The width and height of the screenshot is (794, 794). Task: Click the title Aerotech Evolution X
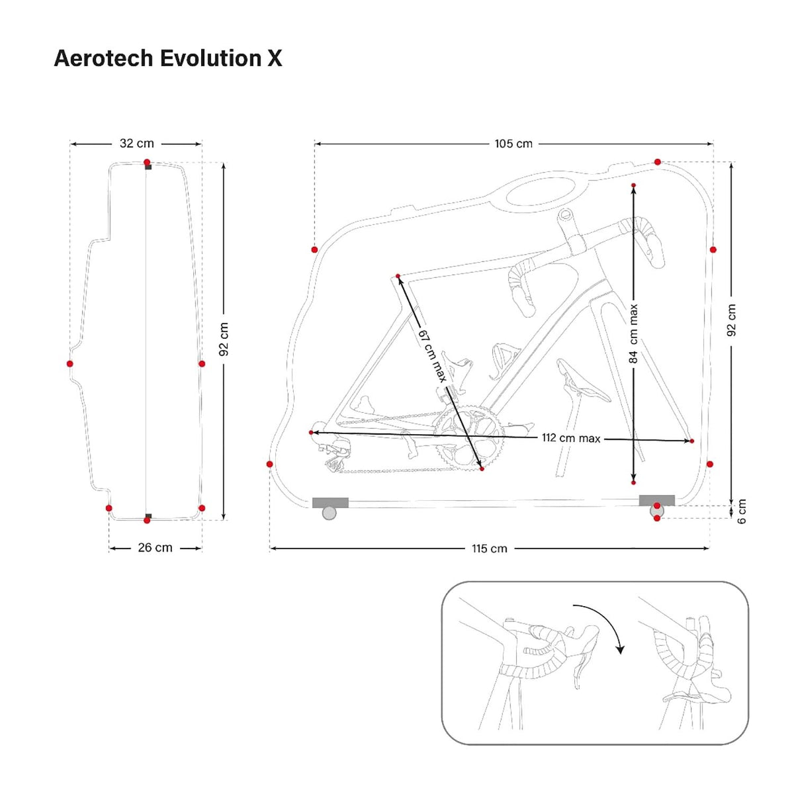click(168, 58)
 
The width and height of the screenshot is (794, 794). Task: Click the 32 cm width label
click(136, 144)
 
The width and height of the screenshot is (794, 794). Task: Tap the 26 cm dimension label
click(155, 548)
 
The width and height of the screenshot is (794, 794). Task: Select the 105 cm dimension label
click(513, 144)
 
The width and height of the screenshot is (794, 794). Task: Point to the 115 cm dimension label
click(490, 549)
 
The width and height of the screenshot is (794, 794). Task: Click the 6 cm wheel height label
click(742, 511)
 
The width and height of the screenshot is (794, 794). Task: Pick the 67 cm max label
click(431, 355)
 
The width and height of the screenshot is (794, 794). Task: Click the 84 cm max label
click(634, 333)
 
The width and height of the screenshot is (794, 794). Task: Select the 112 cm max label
click(571, 438)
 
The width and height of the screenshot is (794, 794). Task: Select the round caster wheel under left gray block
click(329, 513)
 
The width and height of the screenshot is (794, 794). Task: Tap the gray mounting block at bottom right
click(656, 500)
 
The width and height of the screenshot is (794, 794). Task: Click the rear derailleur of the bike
click(336, 458)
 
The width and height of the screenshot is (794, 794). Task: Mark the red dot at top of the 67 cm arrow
click(398, 276)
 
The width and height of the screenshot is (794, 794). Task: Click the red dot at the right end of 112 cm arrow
click(691, 441)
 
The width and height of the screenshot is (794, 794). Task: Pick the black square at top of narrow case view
click(148, 167)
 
